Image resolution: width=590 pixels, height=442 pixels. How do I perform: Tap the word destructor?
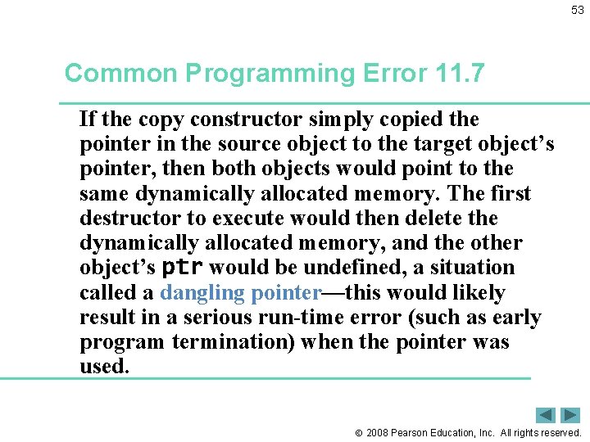pos(125,219)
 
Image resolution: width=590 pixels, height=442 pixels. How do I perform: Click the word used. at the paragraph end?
pos(104,367)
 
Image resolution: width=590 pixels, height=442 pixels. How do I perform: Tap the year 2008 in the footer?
pos(378,433)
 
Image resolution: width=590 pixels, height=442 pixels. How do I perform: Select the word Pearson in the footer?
pos(411,433)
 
